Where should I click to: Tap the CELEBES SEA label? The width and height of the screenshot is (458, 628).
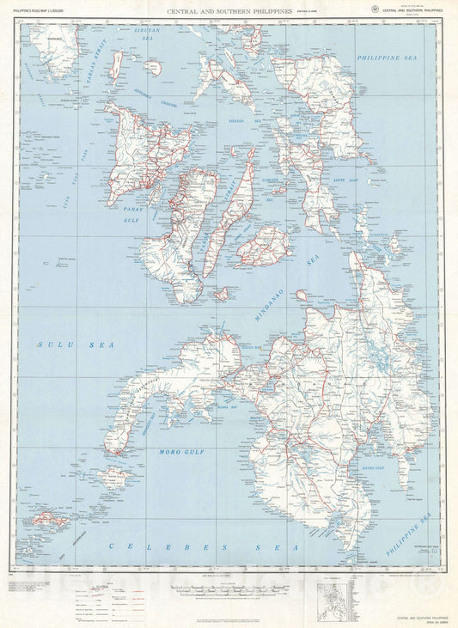point(198,546)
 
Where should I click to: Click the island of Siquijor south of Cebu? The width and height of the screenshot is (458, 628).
point(223,295)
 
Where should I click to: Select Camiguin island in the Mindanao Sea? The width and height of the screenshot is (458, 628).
point(302,295)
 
